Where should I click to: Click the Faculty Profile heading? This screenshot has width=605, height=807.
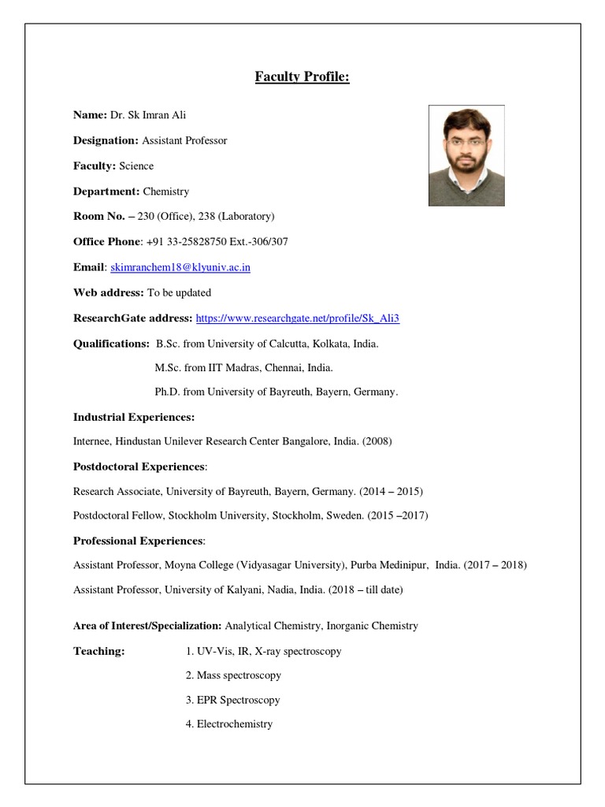(x=302, y=76)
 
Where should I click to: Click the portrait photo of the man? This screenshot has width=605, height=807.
(x=466, y=156)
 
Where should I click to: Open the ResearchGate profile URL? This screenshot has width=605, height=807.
(x=302, y=318)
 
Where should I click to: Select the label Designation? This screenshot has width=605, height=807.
(x=106, y=140)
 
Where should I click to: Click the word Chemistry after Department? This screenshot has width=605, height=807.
(x=165, y=192)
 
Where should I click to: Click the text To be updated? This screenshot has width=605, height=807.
(x=179, y=292)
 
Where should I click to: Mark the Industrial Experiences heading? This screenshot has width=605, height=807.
(x=134, y=417)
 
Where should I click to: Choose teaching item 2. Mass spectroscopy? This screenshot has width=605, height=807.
(x=233, y=675)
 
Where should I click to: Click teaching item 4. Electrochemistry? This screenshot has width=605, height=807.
(x=229, y=723)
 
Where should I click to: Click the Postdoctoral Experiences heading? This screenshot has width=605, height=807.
(x=139, y=467)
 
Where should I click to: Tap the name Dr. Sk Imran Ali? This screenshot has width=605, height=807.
(x=148, y=115)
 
